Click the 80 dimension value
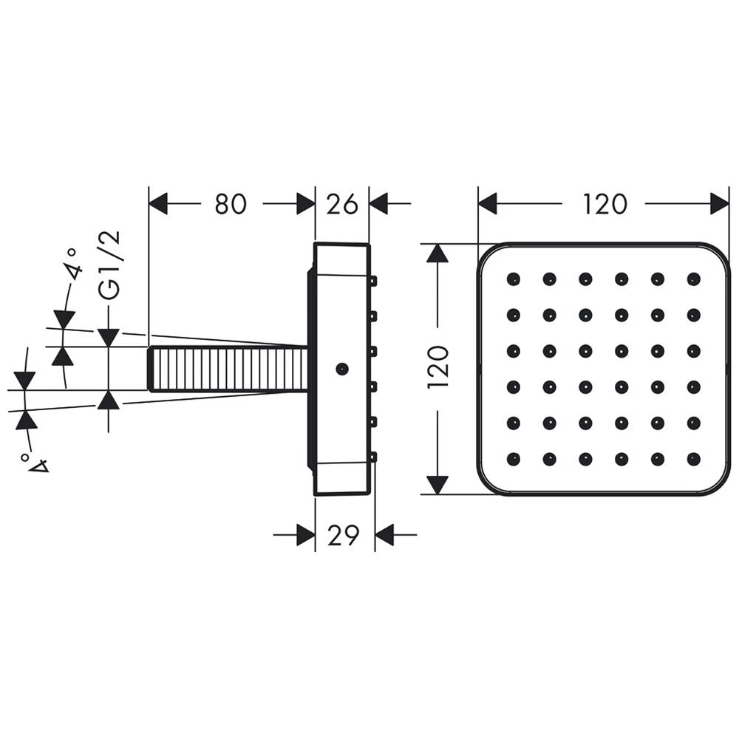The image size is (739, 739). tap(231, 204)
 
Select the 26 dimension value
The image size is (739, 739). tap(342, 204)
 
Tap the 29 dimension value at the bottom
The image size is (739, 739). tap(343, 535)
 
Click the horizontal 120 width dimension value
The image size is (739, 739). tap(605, 204)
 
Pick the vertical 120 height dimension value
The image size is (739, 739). tap(437, 367)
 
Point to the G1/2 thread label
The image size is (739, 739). tap(110, 266)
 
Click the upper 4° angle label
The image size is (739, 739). tap(73, 265)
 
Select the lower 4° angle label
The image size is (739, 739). tap(35, 462)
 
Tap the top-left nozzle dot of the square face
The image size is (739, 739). tap(514, 279)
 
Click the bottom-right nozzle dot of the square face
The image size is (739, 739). tap(693, 459)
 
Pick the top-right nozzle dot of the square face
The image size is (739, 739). tap(693, 279)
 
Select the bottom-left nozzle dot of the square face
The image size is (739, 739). tap(514, 459)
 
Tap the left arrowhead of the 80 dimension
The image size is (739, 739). tap(158, 204)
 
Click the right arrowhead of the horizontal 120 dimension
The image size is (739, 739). tap(720, 204)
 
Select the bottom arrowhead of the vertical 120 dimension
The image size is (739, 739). tap(437, 485)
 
